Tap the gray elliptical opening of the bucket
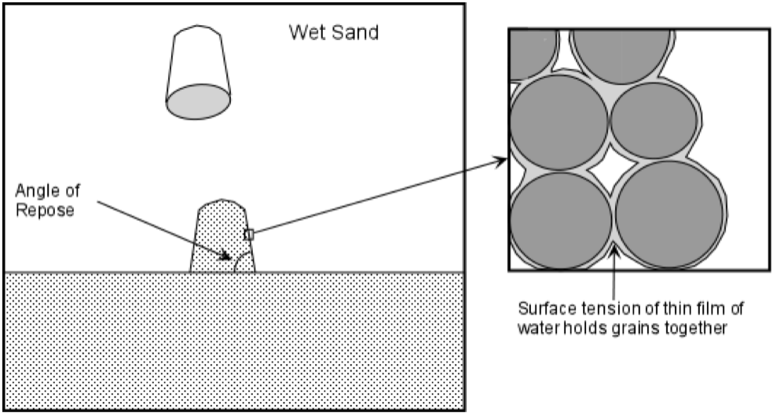tap(198, 102)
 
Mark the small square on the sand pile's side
tap(249, 234)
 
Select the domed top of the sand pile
tap(222, 207)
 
